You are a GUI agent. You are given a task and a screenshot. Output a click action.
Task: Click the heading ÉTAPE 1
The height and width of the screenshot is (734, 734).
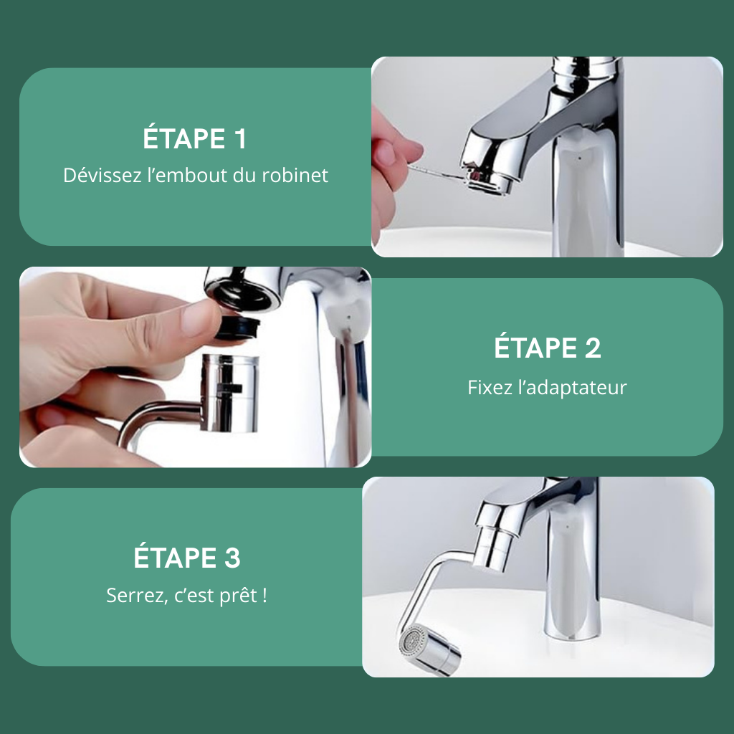[194, 138]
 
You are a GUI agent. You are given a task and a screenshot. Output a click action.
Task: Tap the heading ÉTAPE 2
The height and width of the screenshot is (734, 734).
[547, 348]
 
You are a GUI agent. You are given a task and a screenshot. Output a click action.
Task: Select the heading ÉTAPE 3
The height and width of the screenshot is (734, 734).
[187, 558]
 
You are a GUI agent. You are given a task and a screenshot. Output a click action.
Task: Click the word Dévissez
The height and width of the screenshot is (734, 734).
[102, 175]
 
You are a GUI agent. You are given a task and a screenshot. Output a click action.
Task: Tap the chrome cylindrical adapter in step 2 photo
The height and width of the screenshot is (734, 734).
[229, 392]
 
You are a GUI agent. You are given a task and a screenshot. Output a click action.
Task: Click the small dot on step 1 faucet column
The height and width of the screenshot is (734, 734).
[579, 158]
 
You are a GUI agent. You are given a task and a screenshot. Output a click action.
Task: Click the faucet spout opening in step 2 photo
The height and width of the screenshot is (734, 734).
[239, 292]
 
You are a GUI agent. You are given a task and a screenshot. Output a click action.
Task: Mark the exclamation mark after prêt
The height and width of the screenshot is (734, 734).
[265, 596]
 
